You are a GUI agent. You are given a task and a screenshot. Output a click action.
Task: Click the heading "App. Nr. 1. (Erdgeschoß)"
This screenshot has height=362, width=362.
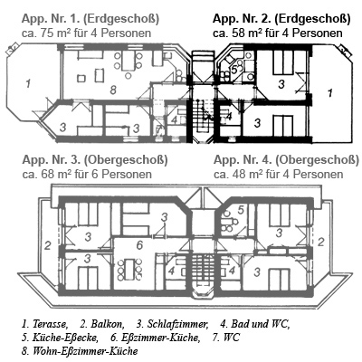(x=90, y=19)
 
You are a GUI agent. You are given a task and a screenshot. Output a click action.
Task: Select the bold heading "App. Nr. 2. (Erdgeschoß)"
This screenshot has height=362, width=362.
(x=281, y=19)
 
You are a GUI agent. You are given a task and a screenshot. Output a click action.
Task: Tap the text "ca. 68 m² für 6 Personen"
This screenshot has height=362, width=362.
(x=87, y=174)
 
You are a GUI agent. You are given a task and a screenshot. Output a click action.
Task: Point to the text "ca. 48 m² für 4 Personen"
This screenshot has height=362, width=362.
(x=279, y=174)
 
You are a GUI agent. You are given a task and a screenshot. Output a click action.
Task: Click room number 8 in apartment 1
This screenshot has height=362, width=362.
(x=113, y=90)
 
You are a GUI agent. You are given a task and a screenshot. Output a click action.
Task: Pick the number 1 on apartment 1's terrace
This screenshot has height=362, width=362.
(x=28, y=83)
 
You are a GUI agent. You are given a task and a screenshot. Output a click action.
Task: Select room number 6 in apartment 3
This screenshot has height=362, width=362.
(x=139, y=245)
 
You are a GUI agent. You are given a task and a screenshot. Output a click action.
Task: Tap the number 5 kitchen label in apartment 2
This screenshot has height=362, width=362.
(x=234, y=69)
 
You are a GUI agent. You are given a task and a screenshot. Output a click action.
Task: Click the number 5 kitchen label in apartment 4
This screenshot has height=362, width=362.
(x=241, y=209)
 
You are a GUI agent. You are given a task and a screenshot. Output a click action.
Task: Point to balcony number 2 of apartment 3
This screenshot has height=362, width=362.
(x=47, y=245)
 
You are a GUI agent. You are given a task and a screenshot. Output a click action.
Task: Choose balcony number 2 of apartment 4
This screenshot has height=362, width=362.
(x=321, y=242)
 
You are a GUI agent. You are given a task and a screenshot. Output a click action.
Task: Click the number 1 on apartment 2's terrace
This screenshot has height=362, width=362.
(x=329, y=93)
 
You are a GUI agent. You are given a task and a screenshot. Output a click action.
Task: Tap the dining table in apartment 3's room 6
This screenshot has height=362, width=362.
(x=130, y=269)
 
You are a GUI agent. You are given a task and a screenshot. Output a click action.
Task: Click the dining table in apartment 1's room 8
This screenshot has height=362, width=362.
(x=127, y=61)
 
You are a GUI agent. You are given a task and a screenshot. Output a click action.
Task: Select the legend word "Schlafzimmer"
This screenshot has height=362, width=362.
(x=176, y=324)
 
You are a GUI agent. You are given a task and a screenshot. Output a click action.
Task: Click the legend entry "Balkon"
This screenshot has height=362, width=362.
(x=106, y=324)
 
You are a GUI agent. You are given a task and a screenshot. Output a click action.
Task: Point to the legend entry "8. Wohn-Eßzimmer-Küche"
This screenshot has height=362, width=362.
(x=80, y=351)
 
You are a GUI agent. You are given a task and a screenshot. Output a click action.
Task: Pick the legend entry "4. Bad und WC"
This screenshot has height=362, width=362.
(x=255, y=324)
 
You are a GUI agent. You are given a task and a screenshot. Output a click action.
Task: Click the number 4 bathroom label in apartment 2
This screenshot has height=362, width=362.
(x=229, y=116)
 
